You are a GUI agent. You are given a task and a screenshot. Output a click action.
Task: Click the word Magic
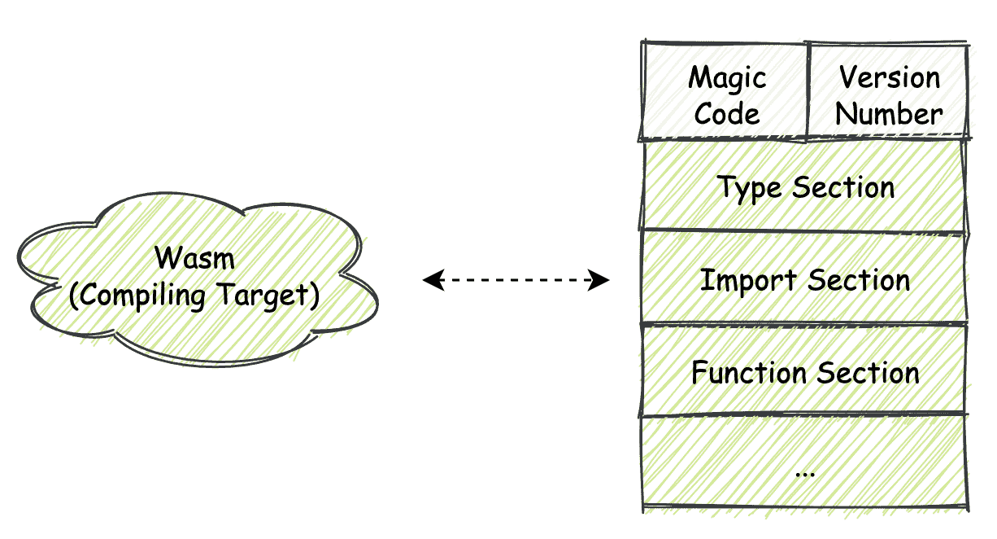click(727, 79)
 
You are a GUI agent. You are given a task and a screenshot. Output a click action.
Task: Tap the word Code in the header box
click(727, 114)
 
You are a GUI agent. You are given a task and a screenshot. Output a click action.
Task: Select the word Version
click(889, 78)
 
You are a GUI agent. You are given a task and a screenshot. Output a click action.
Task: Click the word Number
click(889, 114)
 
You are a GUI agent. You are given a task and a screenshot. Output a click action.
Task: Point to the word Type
click(749, 188)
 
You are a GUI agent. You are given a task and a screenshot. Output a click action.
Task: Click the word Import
click(737, 280)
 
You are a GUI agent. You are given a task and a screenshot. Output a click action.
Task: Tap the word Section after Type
click(843, 188)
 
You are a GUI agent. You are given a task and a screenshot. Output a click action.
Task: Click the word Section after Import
click(859, 280)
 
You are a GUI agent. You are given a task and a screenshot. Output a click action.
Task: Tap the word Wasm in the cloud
click(194, 259)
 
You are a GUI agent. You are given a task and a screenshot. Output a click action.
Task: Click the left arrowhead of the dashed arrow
click(431, 281)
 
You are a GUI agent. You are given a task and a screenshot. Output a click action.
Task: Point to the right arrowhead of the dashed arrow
click(601, 281)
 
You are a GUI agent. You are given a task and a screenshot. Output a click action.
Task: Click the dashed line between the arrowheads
click(516, 281)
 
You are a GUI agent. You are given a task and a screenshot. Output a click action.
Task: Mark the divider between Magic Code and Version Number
click(808, 90)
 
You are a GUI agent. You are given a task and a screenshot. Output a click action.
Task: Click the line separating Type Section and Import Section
click(804, 232)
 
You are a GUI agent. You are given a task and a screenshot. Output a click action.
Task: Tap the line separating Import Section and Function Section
click(804, 324)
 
